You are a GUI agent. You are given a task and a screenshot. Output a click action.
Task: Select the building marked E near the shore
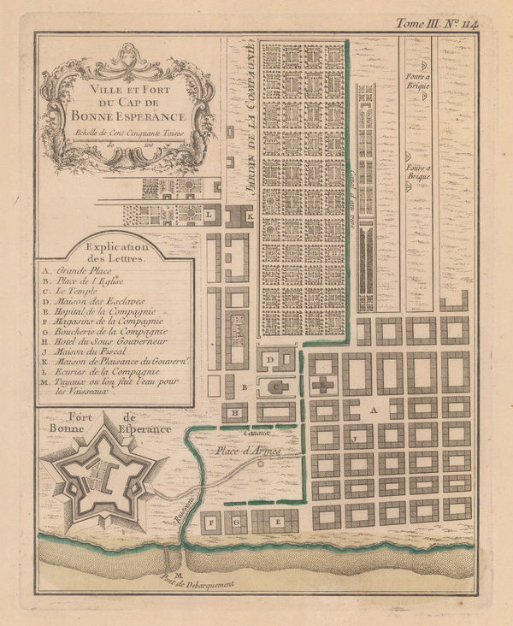tap(275, 521)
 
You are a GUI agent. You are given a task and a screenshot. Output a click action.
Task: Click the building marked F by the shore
tap(210, 521)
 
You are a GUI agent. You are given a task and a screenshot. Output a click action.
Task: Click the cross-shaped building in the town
tap(322, 386)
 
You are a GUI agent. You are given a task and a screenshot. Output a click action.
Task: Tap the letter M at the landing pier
tap(177, 575)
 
